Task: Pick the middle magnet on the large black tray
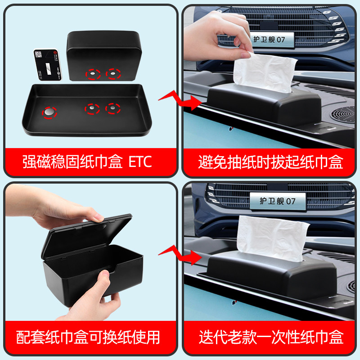coord(93,108)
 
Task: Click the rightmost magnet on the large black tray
coord(112,108)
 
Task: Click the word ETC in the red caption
coord(138,162)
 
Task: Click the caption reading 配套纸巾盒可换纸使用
coord(88,337)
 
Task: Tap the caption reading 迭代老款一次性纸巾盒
coord(271,337)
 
